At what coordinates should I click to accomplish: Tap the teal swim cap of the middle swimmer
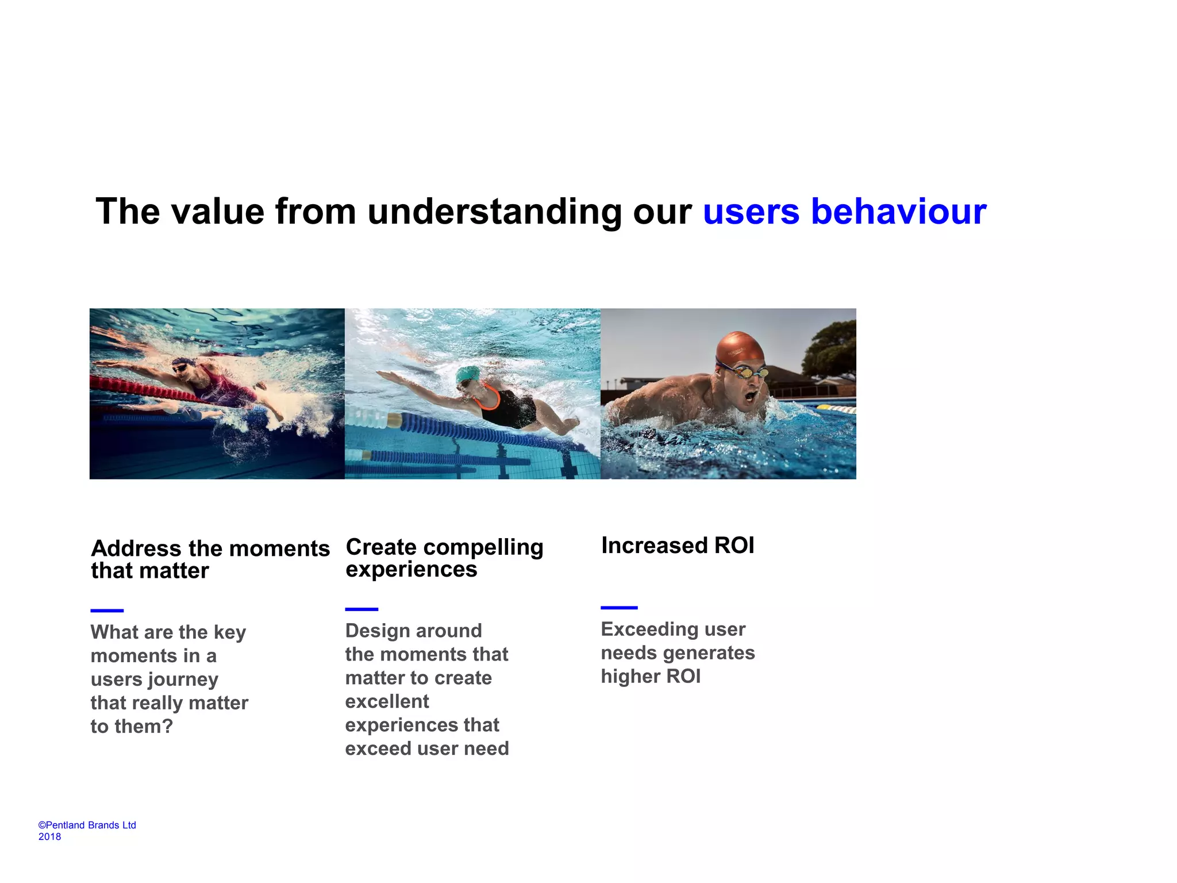[468, 374]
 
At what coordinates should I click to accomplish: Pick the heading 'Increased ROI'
[678, 545]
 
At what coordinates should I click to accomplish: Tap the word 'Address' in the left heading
[136, 548]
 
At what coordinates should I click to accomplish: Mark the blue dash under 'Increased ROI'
[619, 607]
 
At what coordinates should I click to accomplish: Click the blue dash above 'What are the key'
[107, 610]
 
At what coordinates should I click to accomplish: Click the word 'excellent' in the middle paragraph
[387, 701]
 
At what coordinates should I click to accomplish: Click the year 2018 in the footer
[49, 836]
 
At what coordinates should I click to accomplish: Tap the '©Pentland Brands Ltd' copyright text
[87, 825]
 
